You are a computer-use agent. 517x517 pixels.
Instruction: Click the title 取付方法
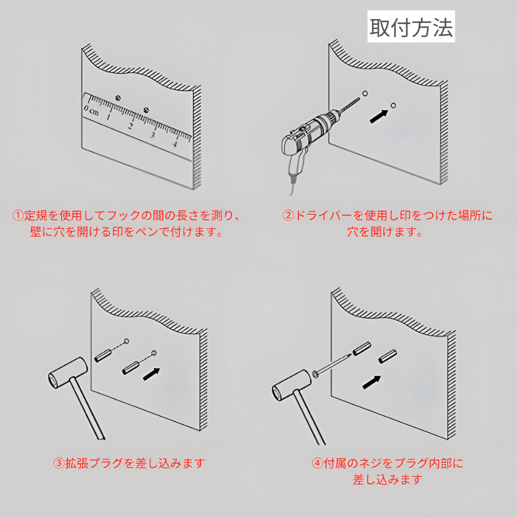coord(411,28)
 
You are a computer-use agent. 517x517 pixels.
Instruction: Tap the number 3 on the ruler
coord(152,135)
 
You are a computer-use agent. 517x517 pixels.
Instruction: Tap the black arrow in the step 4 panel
coord(371,382)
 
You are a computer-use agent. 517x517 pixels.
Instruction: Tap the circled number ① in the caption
coord(18,216)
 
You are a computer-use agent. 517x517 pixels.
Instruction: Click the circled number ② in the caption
coord(288,216)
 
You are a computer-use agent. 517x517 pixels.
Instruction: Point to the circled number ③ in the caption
coord(59,464)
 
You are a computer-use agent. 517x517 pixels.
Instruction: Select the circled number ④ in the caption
coord(318,464)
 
